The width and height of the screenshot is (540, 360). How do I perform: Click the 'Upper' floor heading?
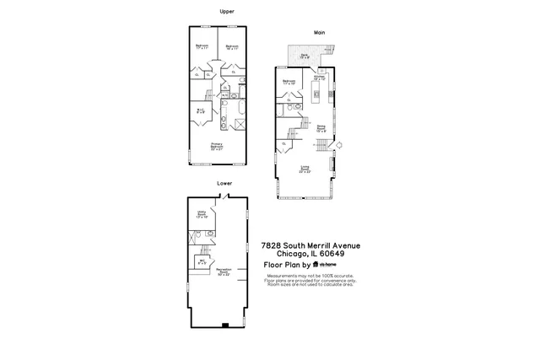click(226, 12)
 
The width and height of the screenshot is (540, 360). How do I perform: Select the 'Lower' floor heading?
click(224, 182)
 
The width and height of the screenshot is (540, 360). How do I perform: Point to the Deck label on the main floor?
click(305, 56)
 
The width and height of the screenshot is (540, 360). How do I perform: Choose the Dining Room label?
click(321, 129)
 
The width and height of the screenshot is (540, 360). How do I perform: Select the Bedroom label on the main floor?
click(289, 83)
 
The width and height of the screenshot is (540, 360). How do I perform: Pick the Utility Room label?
click(202, 215)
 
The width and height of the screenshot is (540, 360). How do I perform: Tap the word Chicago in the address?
click(284, 255)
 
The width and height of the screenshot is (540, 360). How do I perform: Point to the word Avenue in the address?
click(343, 246)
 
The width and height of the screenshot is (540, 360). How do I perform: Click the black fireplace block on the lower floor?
click(224, 325)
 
